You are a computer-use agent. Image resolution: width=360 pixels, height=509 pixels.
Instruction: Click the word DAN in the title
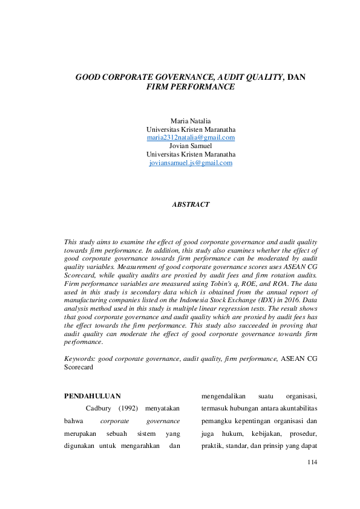click(296, 77)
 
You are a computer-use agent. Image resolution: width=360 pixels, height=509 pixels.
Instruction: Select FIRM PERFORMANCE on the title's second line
click(191, 87)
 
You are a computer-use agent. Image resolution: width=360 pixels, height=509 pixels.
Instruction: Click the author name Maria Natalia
click(191, 121)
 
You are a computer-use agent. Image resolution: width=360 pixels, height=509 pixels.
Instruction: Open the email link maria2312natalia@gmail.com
click(191, 138)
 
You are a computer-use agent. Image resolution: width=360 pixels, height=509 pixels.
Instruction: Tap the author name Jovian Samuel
click(191, 146)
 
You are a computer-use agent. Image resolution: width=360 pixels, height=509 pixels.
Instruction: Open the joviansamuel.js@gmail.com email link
click(191, 163)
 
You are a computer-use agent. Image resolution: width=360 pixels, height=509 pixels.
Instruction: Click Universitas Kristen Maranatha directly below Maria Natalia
click(191, 129)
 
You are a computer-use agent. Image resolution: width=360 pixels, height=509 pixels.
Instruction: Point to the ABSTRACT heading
click(191, 204)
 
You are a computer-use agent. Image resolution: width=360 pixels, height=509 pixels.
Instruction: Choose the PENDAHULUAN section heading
click(93, 396)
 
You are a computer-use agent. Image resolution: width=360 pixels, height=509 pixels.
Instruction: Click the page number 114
click(312, 462)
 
